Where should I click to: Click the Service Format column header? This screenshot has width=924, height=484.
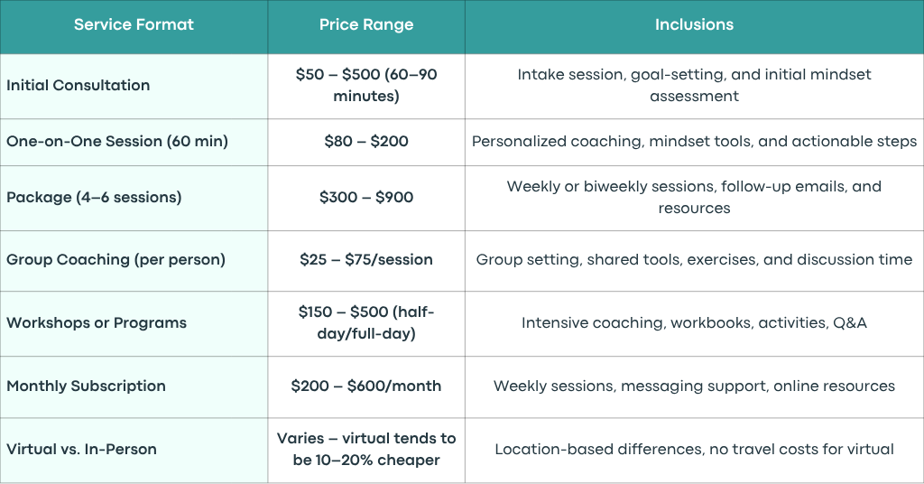pyautogui.click(x=134, y=24)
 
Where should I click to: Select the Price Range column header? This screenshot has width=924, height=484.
pyautogui.click(x=366, y=24)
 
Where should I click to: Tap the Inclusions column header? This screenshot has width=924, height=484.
pyautogui.click(x=694, y=24)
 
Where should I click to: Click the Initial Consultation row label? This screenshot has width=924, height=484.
pyautogui.click(x=78, y=85)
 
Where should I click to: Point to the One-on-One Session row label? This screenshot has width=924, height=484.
pyautogui.click(x=117, y=142)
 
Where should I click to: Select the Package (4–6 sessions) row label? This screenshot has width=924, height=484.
pyautogui.click(x=94, y=198)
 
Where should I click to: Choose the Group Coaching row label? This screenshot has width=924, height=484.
pyautogui.click(x=115, y=260)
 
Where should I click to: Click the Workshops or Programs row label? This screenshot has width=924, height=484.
pyautogui.click(x=97, y=323)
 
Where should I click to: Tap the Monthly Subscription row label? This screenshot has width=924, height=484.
pyautogui.click(x=86, y=386)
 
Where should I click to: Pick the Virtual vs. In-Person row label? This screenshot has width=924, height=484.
pyautogui.click(x=81, y=449)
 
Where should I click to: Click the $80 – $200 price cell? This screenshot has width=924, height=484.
pyautogui.click(x=366, y=142)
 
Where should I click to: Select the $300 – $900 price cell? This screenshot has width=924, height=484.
pyautogui.click(x=366, y=198)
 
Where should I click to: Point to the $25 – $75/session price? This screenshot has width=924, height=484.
pyautogui.click(x=366, y=260)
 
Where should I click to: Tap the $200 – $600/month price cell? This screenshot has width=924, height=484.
pyautogui.click(x=366, y=386)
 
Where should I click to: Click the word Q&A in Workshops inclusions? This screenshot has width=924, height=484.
pyautogui.click(x=850, y=323)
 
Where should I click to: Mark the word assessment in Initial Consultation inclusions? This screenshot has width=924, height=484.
pyautogui.click(x=694, y=96)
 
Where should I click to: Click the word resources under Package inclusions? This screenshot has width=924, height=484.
pyautogui.click(x=694, y=208)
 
